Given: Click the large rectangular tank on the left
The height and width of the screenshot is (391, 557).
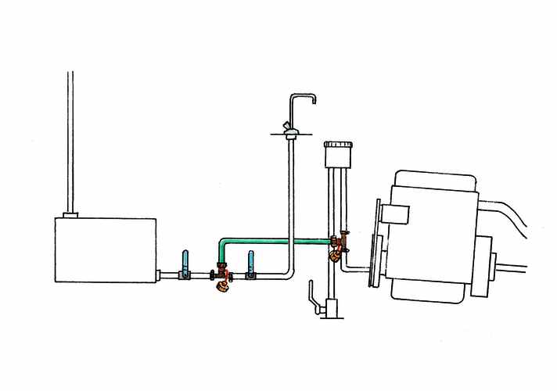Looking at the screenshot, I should pyautogui.click(x=105, y=249).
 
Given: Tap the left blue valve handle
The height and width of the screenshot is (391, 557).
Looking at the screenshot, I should pyautogui.click(x=185, y=261).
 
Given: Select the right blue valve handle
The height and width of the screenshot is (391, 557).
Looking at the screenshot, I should pyautogui.click(x=250, y=261).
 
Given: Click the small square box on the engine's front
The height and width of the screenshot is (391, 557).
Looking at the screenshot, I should pyautogui.click(x=397, y=213).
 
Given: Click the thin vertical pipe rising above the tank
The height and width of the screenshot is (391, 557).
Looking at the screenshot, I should pyautogui.click(x=71, y=141).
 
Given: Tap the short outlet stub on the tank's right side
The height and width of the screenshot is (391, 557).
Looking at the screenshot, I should pyautogui.click(x=160, y=274).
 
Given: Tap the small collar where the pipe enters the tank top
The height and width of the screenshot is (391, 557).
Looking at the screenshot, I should pyautogui.click(x=70, y=213).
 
